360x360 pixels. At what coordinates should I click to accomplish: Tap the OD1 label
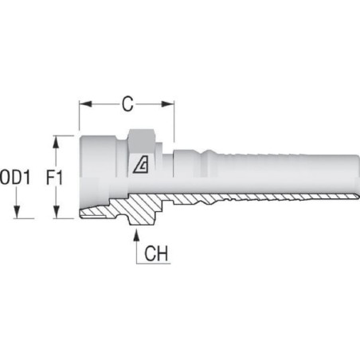pyautogui.click(x=15, y=178)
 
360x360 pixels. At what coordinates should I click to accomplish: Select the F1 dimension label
pyautogui.click(x=54, y=178)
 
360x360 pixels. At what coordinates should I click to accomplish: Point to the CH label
pyautogui.click(x=156, y=253)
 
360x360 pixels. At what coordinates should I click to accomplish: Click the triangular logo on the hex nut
pyautogui.click(x=141, y=165)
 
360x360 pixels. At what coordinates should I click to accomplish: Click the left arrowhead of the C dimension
pyautogui.click(x=85, y=104)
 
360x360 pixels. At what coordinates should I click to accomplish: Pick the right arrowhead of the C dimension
pyautogui.click(x=168, y=104)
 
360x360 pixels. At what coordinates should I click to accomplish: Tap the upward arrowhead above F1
pyautogui.click(x=56, y=142)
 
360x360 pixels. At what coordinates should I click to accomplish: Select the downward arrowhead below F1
pyautogui.click(x=56, y=212)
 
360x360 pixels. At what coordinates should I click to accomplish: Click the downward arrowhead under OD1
pyautogui.click(x=17, y=212)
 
